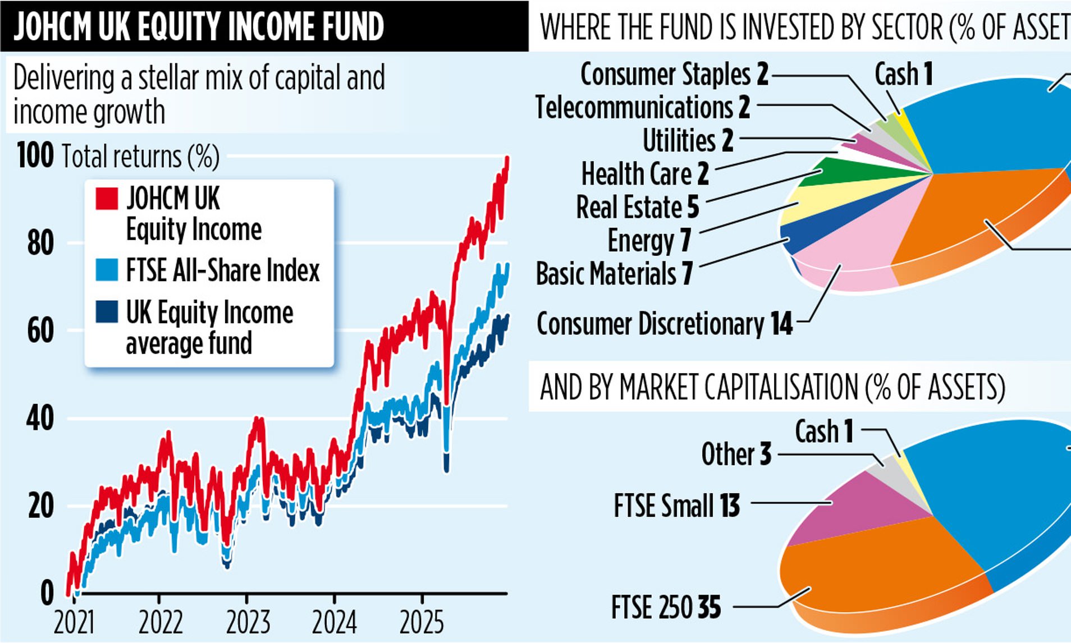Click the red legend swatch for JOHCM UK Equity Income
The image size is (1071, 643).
107,199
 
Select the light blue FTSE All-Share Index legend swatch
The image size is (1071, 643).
107,270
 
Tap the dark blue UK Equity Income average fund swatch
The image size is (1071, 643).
107,312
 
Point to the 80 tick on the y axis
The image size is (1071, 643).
40,243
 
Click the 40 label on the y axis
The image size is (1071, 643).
40,419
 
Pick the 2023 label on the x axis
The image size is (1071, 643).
248,622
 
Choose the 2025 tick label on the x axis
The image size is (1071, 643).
422,622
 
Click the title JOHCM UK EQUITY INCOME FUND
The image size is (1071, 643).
199,26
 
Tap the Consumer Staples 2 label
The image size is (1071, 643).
674,74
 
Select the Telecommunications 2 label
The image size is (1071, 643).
643,107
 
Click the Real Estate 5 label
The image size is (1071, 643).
638,207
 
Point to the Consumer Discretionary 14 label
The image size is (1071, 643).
665,324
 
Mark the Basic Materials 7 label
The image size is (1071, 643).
614,274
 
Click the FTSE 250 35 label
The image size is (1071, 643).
666,607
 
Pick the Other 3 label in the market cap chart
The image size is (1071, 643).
736,454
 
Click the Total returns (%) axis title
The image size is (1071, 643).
140,157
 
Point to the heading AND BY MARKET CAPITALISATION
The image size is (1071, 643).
772,387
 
